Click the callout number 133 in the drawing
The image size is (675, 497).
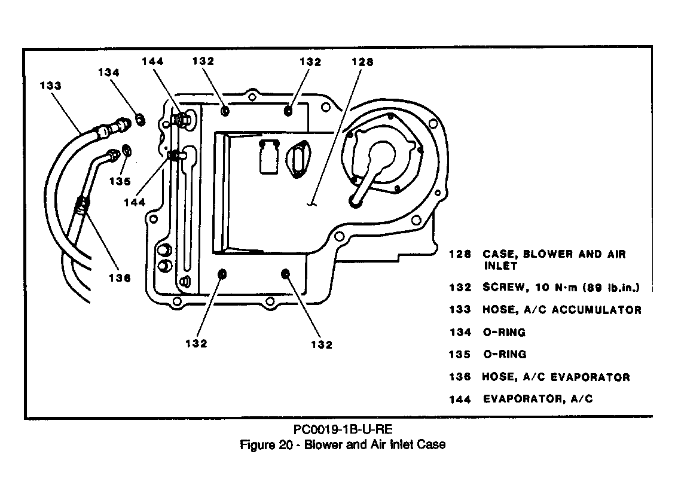click(51, 86)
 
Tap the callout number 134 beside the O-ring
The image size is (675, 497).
click(109, 72)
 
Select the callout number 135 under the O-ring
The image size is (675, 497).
click(120, 181)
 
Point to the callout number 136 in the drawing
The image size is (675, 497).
click(120, 278)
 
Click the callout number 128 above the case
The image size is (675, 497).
click(362, 62)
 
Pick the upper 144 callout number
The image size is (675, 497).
click(153, 61)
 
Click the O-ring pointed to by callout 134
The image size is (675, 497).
click(141, 119)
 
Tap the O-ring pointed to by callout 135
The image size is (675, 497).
click(127, 151)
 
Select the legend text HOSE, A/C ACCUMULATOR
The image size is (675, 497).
click(562, 310)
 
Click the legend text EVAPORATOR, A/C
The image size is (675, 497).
click(537, 399)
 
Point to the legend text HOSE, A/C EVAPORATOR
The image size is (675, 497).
click(556, 377)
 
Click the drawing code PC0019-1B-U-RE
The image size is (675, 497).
click(343, 429)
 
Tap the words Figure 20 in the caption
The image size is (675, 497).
click(267, 444)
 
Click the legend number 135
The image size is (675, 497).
click(460, 355)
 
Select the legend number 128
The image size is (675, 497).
click(460, 254)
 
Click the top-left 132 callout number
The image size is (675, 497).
click(203, 61)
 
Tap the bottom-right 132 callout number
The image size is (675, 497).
click(322, 344)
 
